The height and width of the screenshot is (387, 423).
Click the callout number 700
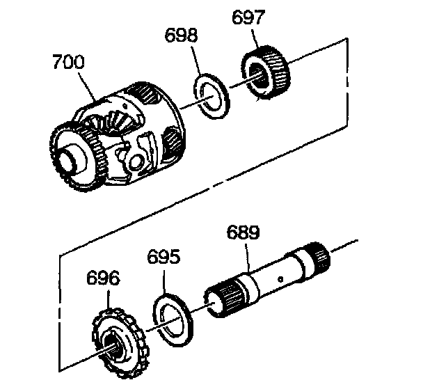coord(68,61)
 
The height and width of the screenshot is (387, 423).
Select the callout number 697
coord(248,17)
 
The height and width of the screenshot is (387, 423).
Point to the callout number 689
coord(243,232)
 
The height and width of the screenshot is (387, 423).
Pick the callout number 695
coord(163,257)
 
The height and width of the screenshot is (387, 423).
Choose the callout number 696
coord(103,278)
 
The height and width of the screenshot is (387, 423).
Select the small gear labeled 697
coord(266,72)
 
